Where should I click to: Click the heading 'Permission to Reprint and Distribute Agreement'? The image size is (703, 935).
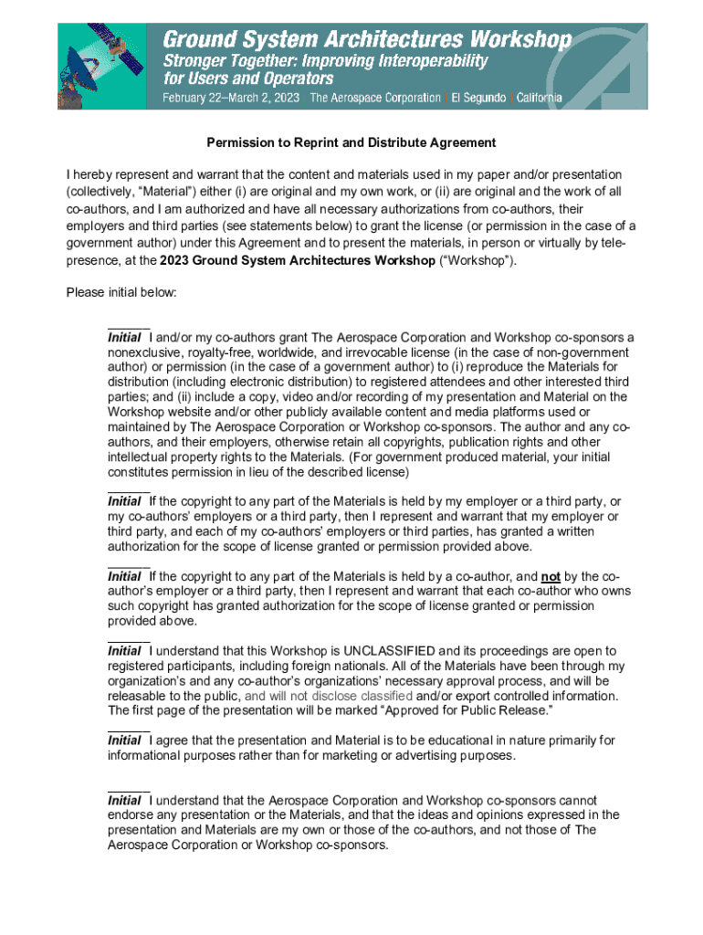click(351, 142)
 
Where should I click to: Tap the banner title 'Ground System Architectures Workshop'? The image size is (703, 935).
click(367, 39)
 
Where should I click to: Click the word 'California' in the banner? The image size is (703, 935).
click(539, 98)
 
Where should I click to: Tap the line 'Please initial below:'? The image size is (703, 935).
click(121, 292)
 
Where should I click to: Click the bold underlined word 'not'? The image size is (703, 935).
click(551, 576)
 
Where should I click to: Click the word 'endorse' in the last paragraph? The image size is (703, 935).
click(131, 814)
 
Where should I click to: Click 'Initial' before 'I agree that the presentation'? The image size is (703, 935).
click(125, 741)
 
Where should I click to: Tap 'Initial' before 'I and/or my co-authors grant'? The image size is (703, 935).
click(125, 337)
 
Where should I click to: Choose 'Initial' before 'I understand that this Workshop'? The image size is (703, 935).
click(125, 651)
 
